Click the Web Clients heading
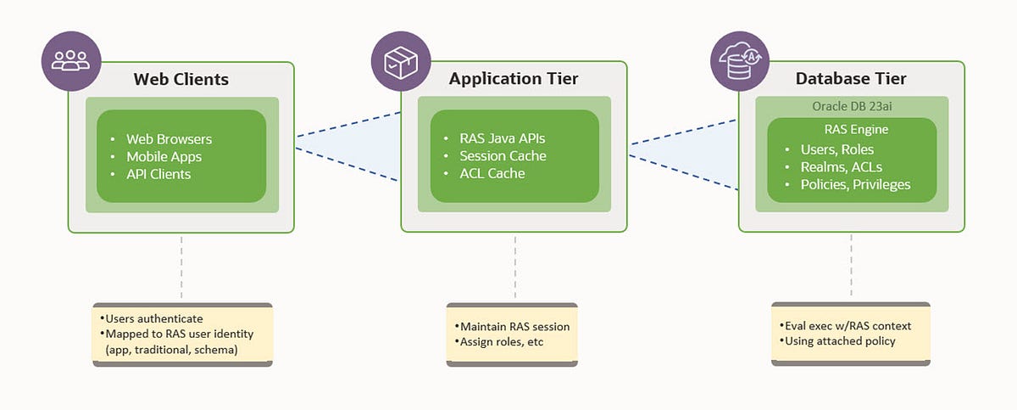(181, 79)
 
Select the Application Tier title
(514, 79)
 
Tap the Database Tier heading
(851, 79)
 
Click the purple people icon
(71, 61)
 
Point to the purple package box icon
(401, 61)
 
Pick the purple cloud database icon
(740, 61)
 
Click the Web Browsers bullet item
(169, 139)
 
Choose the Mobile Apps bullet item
(164, 157)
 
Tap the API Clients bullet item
(158, 174)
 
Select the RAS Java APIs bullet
(502, 138)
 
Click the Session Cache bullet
(503, 156)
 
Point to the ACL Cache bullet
(492, 173)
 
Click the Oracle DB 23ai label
(852, 106)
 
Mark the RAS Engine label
(856, 130)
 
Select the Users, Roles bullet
(836, 149)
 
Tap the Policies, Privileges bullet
(855, 184)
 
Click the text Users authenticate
(154, 318)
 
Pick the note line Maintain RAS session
(515, 326)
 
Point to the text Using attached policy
(840, 341)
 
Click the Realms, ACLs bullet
(842, 167)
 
